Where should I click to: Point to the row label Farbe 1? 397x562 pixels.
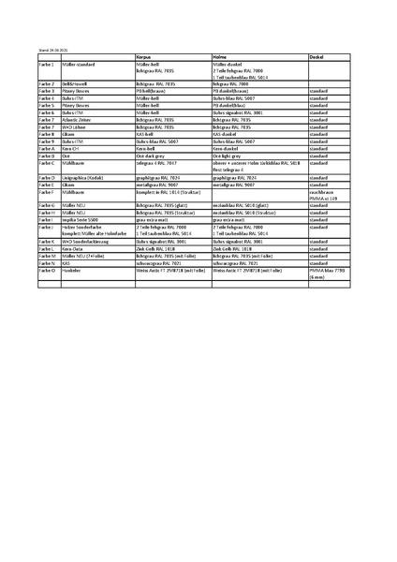point(47,64)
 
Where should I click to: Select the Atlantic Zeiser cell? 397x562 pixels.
point(79,121)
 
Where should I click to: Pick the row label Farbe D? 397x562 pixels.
point(47,176)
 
